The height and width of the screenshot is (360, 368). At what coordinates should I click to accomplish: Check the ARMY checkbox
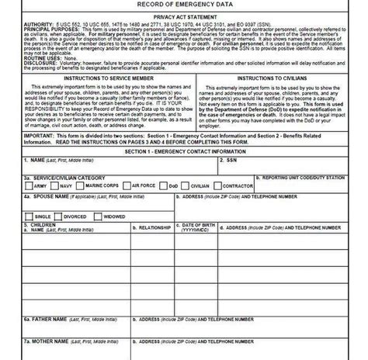[29, 186]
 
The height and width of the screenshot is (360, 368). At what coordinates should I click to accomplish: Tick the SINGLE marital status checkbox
[29, 216]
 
